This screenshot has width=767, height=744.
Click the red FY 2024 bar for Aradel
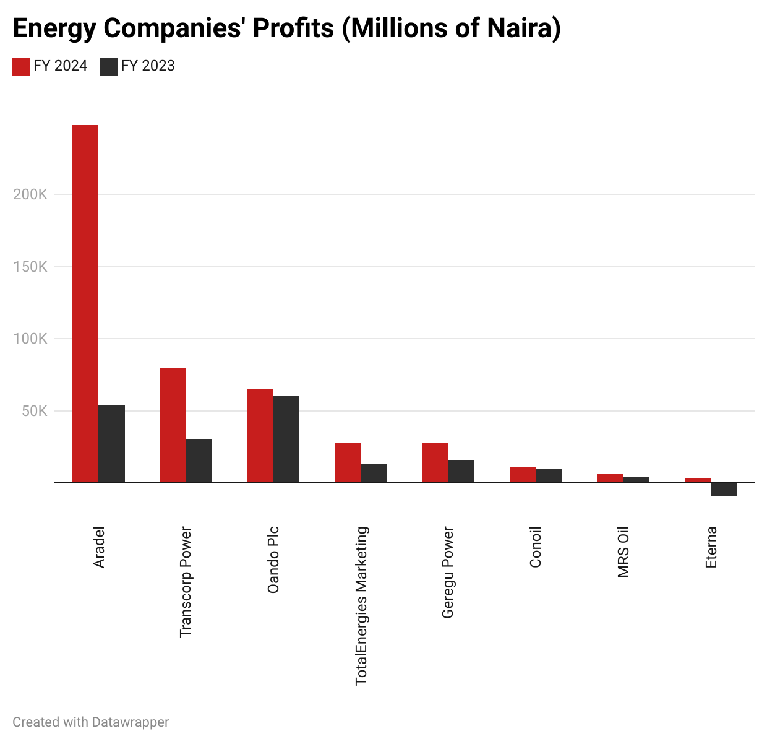coord(85,303)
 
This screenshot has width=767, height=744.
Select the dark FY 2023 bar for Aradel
coord(112,444)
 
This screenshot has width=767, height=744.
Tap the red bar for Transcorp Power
coord(173,425)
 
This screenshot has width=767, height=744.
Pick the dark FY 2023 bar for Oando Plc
coord(286,439)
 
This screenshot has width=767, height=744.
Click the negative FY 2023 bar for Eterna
coord(724,490)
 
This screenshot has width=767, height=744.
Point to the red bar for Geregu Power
coord(435,463)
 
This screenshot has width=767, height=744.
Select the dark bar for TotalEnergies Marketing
coord(374,474)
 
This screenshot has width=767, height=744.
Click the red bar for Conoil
coord(523,475)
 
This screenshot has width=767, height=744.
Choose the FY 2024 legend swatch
coord(21,66)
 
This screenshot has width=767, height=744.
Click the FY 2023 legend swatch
coord(109,66)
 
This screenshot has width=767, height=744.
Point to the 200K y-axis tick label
coord(30,194)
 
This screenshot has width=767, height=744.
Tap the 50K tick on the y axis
coord(34,411)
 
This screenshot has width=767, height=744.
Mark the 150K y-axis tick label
coord(30,267)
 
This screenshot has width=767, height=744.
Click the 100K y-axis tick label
coord(30,339)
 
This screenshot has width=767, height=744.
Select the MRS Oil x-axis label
coord(623,552)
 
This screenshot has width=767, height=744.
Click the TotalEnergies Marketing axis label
coord(361,605)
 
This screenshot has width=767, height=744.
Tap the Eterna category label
coord(711,547)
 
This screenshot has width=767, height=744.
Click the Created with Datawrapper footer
coord(91,722)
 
